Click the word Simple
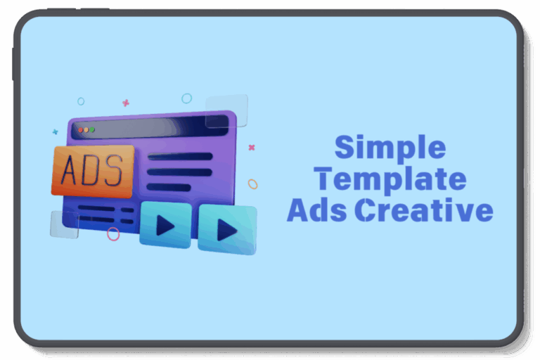(390, 148)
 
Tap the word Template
(390, 179)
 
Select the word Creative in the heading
(424, 210)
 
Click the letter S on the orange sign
(114, 170)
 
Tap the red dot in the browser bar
(81, 130)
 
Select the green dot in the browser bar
(92, 129)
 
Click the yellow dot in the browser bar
(86, 130)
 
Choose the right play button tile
(227, 229)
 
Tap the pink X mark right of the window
(252, 148)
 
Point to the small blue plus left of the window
(55, 131)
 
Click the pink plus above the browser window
(126, 103)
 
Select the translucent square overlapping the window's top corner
(226, 111)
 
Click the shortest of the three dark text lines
(169, 188)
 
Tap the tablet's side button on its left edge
(13, 64)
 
